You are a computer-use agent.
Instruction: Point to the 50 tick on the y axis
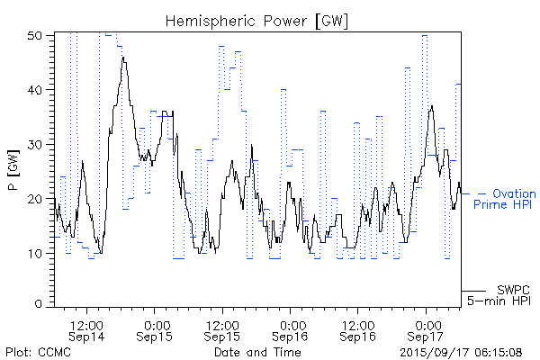[x=37, y=35]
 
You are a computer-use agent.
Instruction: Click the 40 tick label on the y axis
[x=37, y=89]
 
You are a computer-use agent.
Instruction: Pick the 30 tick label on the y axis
[x=37, y=143]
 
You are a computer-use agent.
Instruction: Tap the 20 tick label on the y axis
[x=37, y=198]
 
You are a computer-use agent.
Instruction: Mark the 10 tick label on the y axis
[x=37, y=252]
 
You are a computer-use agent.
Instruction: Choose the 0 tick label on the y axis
[x=40, y=305]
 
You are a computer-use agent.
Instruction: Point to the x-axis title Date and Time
[x=257, y=352]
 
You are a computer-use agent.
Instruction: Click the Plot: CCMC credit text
[x=38, y=352]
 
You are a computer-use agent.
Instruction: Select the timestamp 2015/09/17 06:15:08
[x=461, y=352]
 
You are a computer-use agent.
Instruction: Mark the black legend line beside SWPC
[x=473, y=291]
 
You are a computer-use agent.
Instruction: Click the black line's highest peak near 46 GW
[x=123, y=58]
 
